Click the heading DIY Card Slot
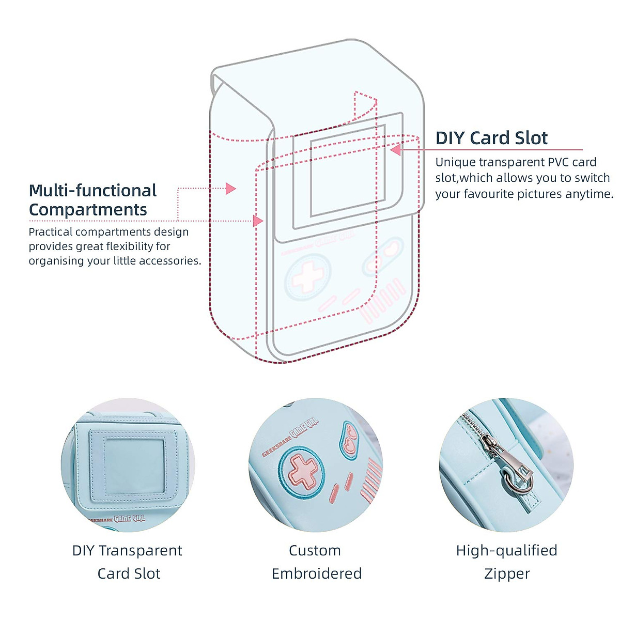491,138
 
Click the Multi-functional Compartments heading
92,200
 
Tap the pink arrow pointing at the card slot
396,150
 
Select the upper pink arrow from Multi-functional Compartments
230,189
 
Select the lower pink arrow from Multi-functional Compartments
258,221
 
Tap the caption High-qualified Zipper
506,562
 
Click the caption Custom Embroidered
316,562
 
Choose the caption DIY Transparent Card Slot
128,562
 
